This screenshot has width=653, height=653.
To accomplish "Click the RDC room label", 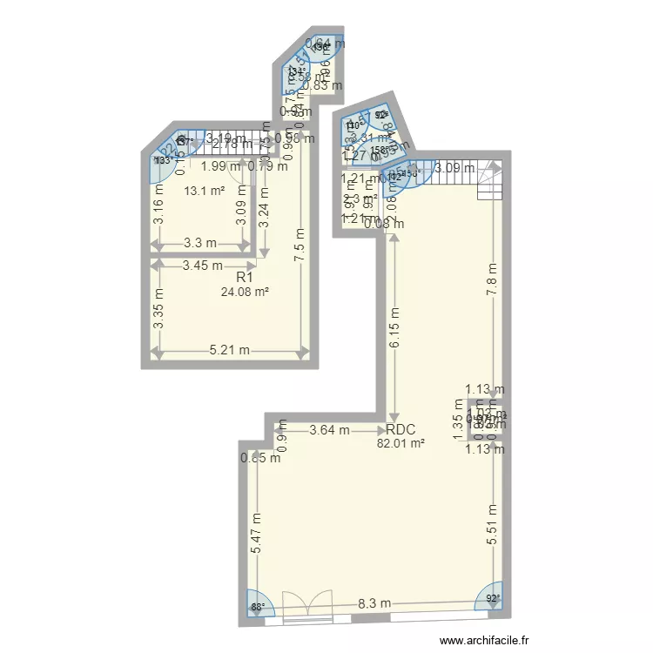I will pyautogui.click(x=401, y=429).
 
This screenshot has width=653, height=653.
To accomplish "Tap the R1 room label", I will pyautogui.click(x=245, y=277).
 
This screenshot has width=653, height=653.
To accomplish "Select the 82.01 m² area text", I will pyautogui.click(x=401, y=442).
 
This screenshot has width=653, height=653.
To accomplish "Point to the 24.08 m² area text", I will pyautogui.click(x=245, y=291).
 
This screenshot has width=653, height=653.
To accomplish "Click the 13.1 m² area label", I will pyautogui.click(x=204, y=190).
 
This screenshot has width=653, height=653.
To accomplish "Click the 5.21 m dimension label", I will pyautogui.click(x=230, y=351).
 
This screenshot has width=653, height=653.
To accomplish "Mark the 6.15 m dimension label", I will pyautogui.click(x=394, y=328).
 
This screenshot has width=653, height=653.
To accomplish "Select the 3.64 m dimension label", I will pyautogui.click(x=330, y=429).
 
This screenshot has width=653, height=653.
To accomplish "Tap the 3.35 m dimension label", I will pyautogui.click(x=158, y=309).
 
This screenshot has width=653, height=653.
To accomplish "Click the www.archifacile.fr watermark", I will pyautogui.click(x=485, y=640).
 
